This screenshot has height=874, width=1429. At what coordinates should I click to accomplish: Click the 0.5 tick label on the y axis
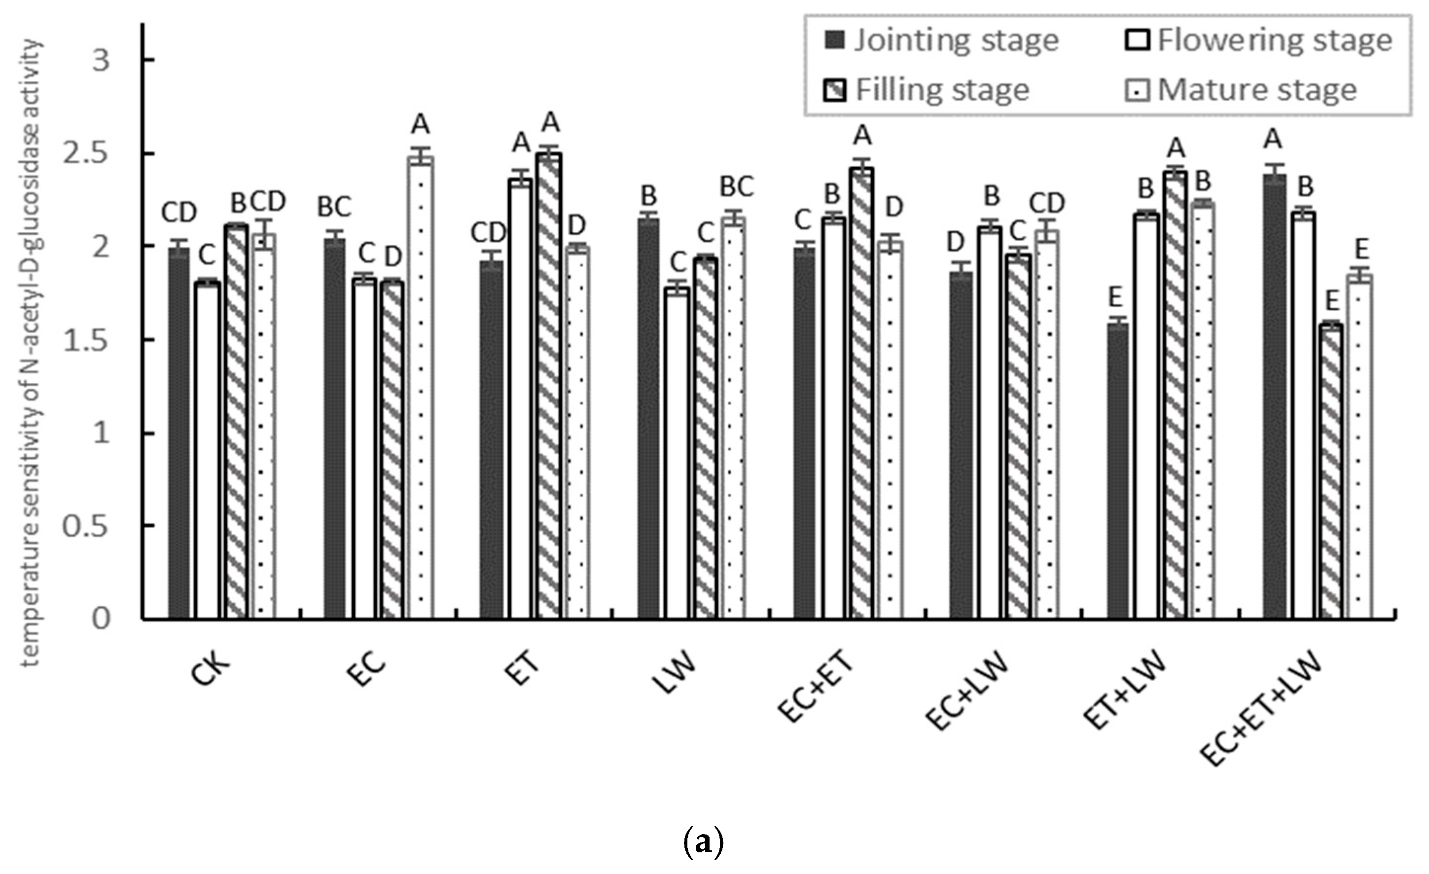86,527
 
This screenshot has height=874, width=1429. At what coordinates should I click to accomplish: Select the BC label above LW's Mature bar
736,187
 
